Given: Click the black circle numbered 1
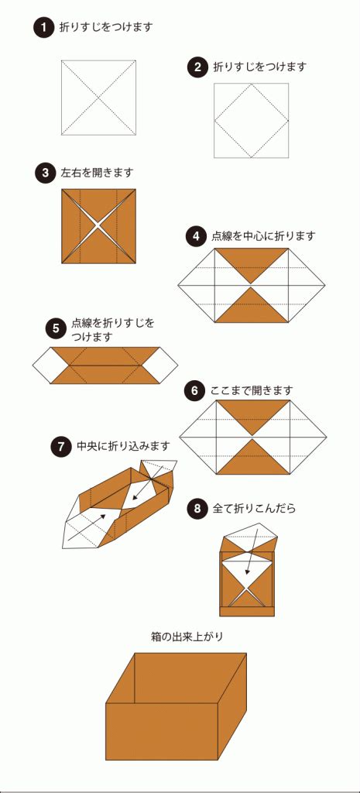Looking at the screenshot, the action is coord(44,27).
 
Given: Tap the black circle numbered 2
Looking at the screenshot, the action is coord(197,67).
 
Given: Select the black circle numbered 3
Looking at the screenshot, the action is coord(44,173).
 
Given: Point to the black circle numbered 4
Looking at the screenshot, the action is coord(195,235).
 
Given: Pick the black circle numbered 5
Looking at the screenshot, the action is coord(56,328).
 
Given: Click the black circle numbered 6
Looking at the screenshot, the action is coord(194,391).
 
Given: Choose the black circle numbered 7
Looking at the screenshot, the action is coord(60,447).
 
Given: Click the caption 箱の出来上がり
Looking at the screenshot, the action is coord(180,637).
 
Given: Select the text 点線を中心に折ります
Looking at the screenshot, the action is coord(263,235).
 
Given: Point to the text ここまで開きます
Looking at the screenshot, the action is coord(252,391).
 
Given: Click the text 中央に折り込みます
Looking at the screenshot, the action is coord(123,447).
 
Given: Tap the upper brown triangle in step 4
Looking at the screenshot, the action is coord(252,262).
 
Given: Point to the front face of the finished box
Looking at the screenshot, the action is coord(162,731).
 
